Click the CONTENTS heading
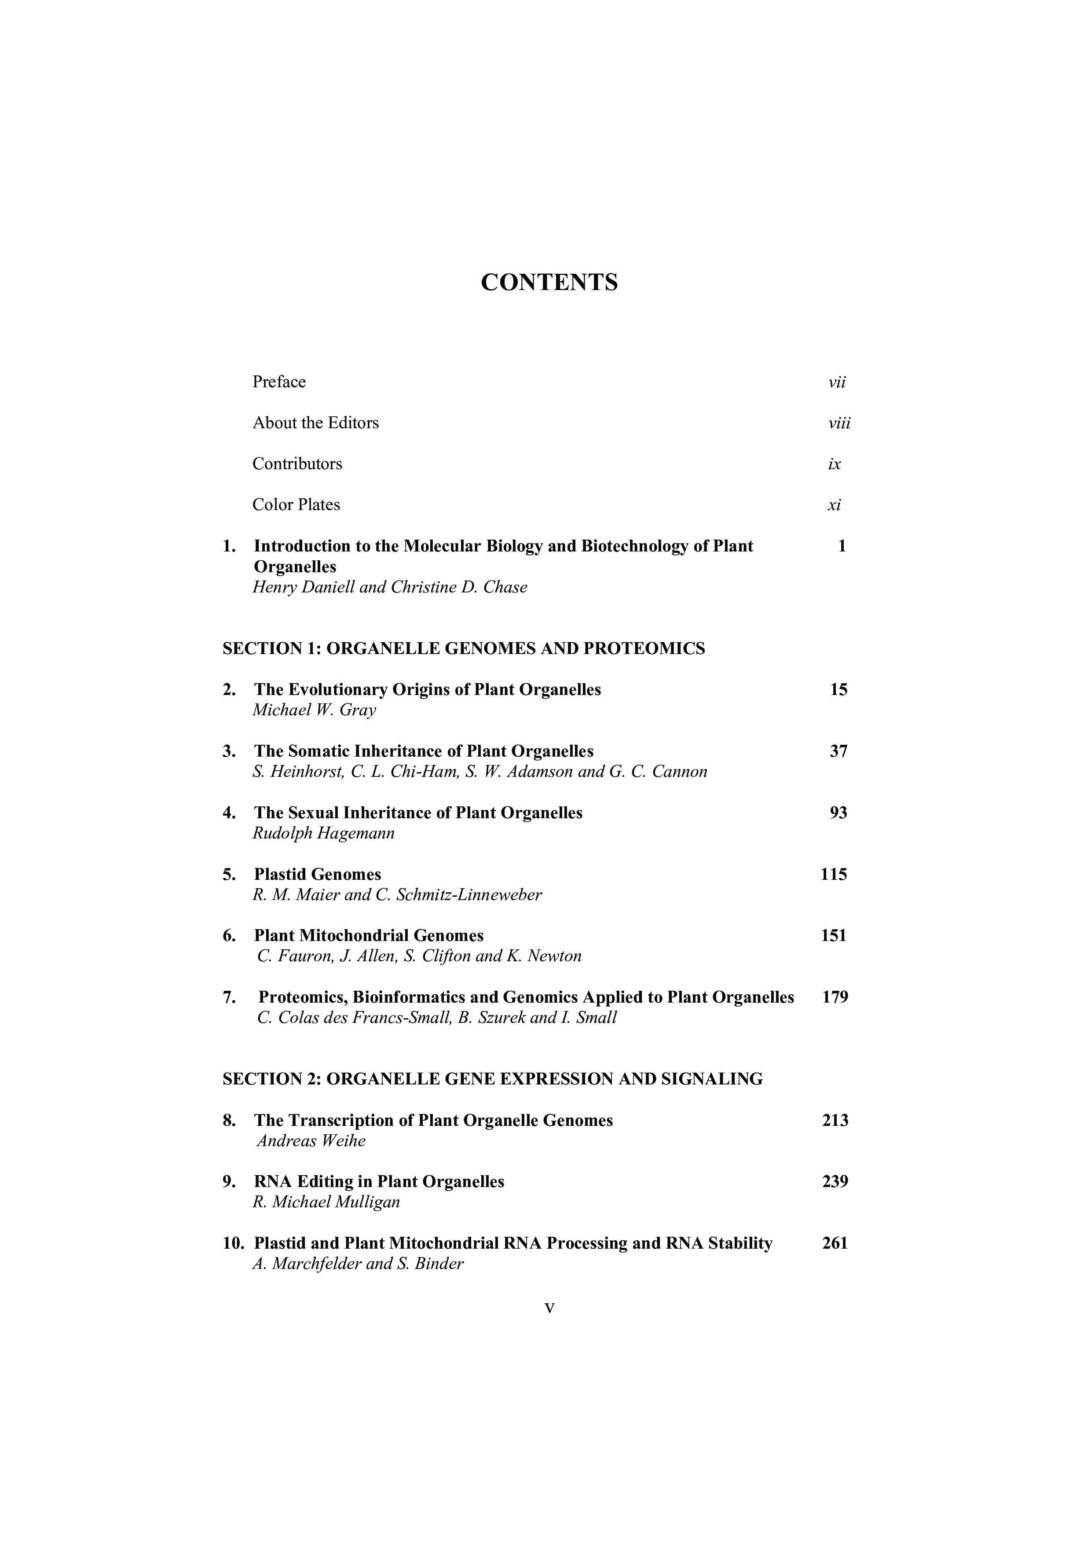coord(549,283)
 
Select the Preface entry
coord(279,382)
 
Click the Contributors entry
coord(297,464)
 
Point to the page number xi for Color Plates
coord(834,505)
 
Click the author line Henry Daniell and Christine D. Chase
coord(390,587)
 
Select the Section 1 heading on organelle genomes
coord(463,648)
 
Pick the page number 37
coord(838,751)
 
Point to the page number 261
coord(835,1243)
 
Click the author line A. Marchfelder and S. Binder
coord(358,1264)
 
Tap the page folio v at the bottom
coord(549,1309)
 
